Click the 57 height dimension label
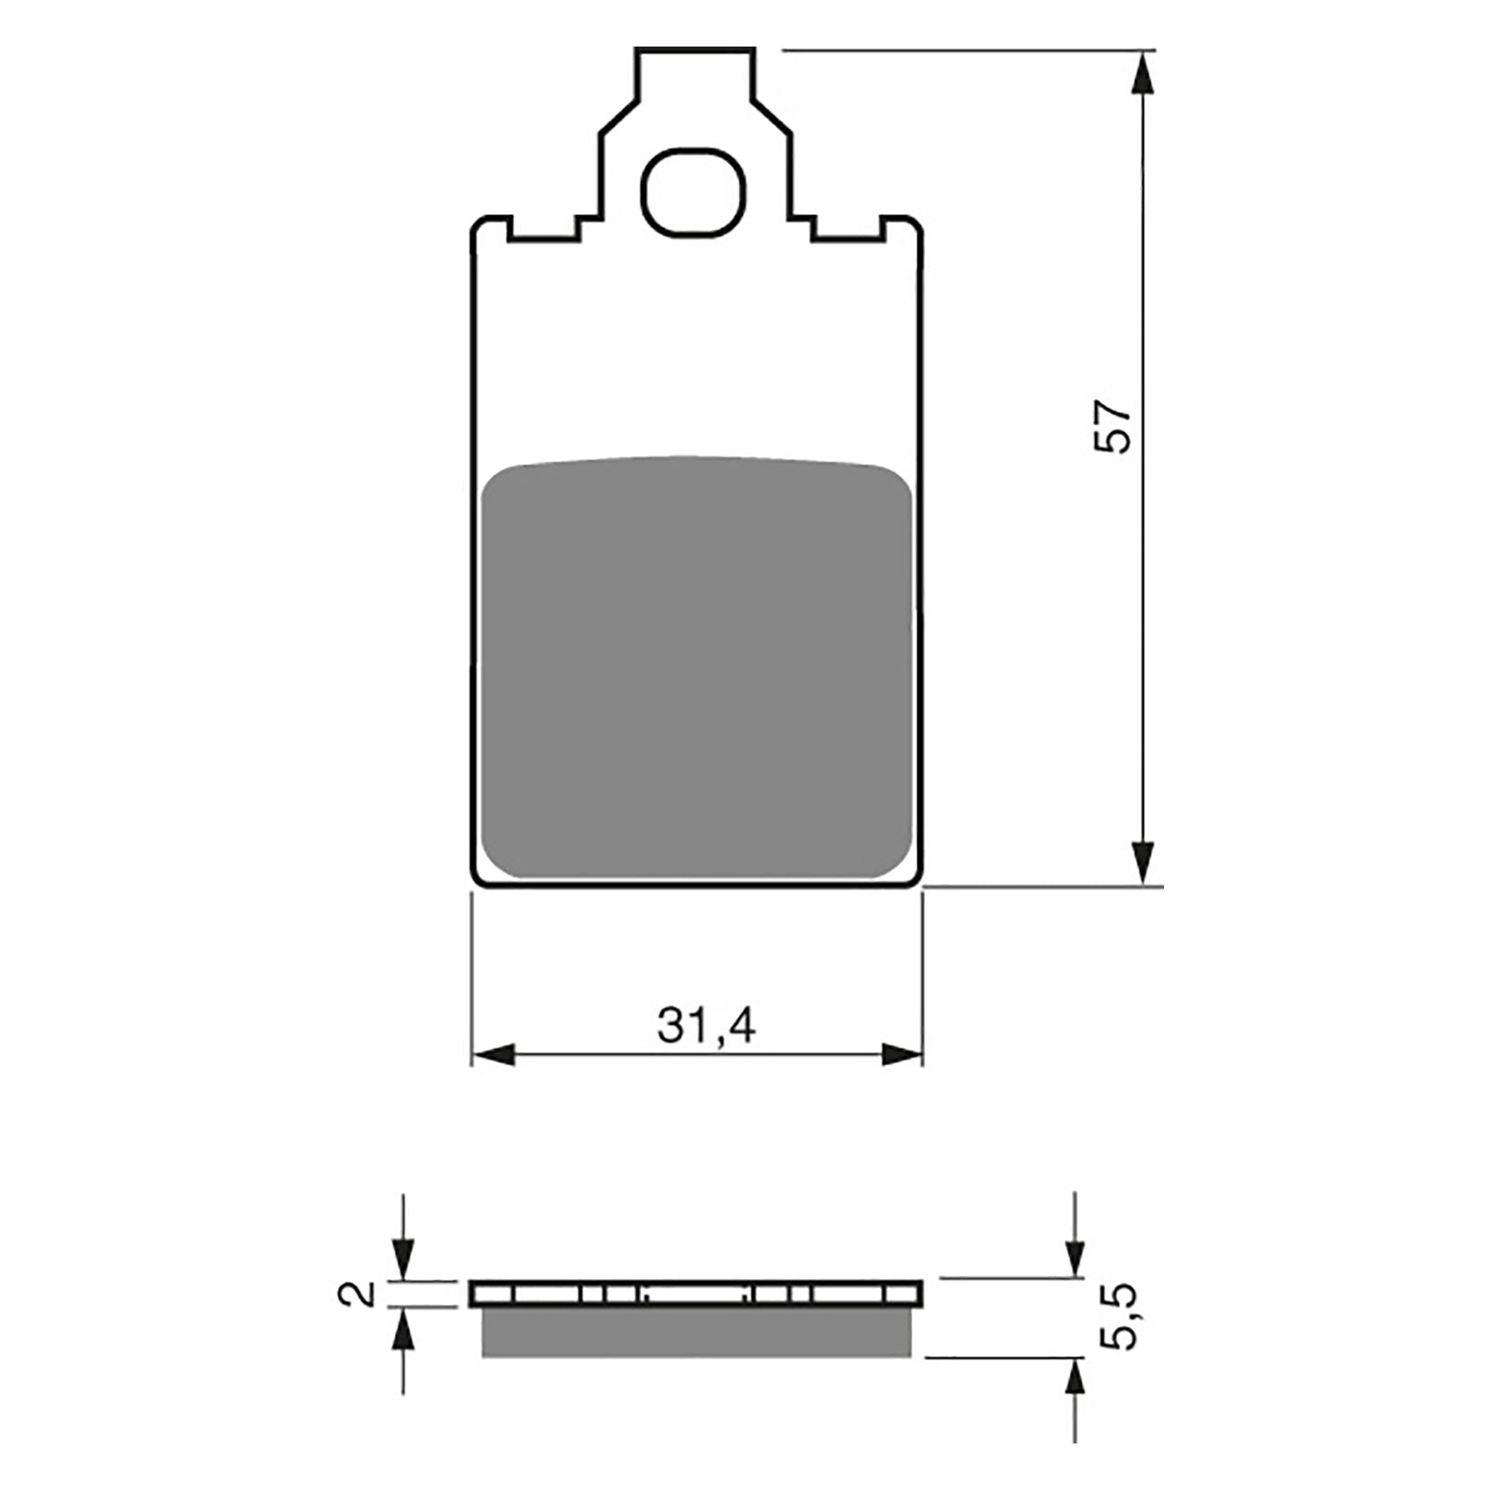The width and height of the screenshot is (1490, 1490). [1115, 427]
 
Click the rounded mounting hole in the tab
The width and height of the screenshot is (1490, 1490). [694, 191]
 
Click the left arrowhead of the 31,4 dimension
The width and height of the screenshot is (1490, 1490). [494, 1055]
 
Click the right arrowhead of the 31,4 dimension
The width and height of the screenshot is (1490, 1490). [901, 1055]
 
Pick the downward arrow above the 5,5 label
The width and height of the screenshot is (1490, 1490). [1076, 1256]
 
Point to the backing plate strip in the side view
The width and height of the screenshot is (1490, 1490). [697, 1294]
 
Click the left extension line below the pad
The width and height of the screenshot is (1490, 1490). [472, 978]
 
